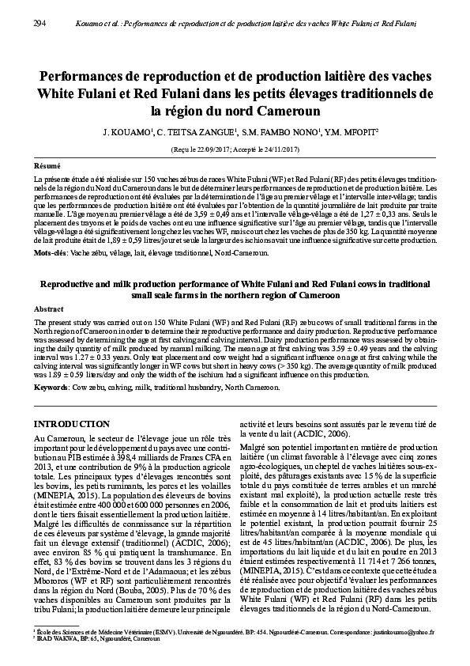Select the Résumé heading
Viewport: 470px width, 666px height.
[x=47, y=167]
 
